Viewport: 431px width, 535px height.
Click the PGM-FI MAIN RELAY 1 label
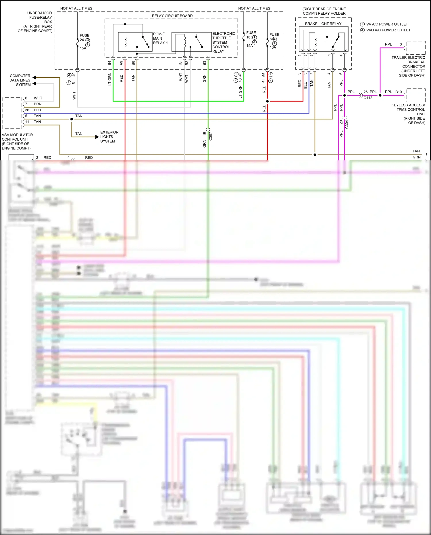[160, 39]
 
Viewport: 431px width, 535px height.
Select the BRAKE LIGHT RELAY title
[323, 24]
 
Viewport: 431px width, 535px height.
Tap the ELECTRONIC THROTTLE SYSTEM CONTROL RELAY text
[223, 43]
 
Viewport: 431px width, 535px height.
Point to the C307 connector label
[210, 136]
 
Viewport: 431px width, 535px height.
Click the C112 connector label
[368, 98]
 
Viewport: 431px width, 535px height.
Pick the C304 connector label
[347, 124]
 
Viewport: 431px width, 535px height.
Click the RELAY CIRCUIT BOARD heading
[172, 16]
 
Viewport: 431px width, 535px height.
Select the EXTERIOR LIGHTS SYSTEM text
[109, 137]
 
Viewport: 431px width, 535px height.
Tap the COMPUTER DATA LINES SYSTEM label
[20, 80]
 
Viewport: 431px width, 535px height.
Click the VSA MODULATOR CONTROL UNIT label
[17, 141]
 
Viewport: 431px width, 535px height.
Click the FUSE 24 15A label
[84, 42]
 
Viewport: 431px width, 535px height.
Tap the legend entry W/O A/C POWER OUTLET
[388, 30]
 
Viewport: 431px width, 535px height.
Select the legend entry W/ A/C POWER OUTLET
[387, 24]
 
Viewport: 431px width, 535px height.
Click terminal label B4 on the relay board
[109, 63]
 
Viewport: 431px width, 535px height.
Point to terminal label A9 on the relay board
[121, 63]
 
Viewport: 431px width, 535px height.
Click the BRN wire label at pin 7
[38, 104]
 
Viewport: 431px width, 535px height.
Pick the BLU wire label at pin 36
[37, 110]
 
